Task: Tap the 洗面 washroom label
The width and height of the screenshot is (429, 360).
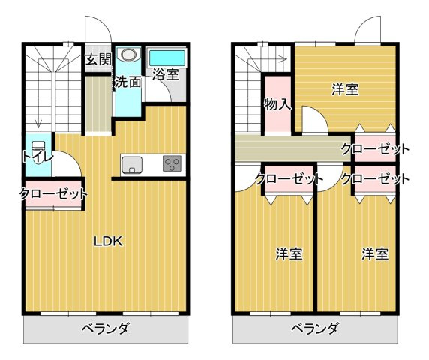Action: click(127, 82)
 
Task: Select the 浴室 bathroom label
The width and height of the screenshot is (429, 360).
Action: click(165, 73)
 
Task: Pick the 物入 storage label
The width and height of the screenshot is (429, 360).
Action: click(277, 104)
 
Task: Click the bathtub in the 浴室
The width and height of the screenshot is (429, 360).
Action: click(166, 57)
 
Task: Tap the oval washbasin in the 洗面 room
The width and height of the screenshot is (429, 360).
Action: click(128, 55)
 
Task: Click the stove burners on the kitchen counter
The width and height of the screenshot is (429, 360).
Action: click(172, 163)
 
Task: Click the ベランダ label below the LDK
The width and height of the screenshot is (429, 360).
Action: click(106, 328)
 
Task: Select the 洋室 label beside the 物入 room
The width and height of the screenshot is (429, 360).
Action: click(345, 89)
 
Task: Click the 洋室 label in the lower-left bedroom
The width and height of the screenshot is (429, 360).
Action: click(288, 253)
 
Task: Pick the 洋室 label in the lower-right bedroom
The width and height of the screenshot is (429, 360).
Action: click(374, 253)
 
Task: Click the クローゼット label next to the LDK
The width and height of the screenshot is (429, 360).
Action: click(52, 194)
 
